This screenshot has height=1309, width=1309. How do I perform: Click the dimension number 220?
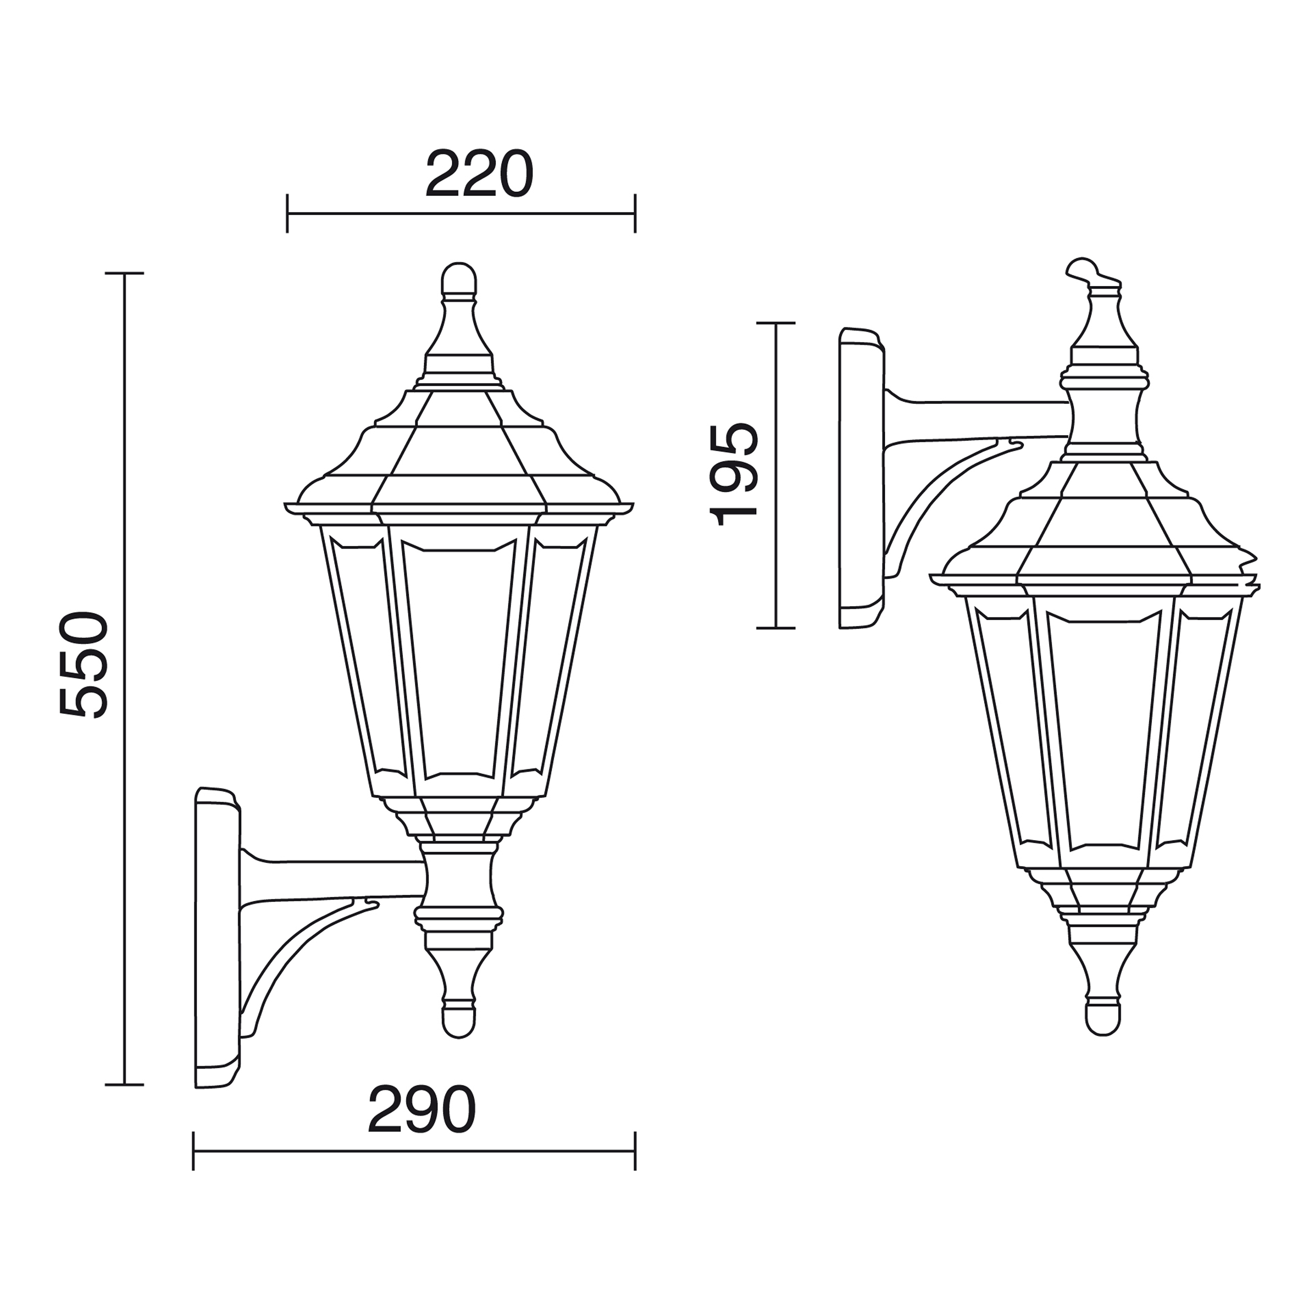click(x=479, y=173)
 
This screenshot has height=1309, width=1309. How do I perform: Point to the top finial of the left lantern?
click(x=459, y=281)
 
